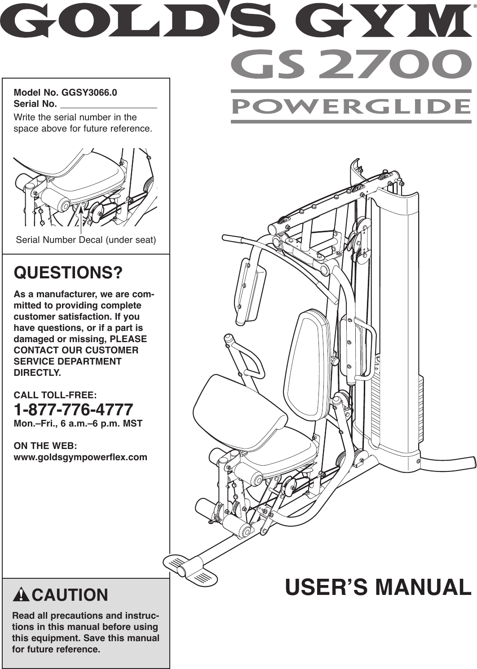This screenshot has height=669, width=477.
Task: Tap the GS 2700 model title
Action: (351, 65)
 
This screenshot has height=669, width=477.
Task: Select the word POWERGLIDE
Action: (351, 106)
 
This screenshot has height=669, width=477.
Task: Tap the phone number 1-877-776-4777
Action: (74, 409)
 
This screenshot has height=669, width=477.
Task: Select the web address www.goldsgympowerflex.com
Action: (81, 457)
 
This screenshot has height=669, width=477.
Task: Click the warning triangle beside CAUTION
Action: (21, 595)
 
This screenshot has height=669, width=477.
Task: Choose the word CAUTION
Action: (70, 595)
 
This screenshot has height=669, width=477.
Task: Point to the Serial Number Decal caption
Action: (86, 240)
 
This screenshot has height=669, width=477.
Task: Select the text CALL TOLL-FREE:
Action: (55, 395)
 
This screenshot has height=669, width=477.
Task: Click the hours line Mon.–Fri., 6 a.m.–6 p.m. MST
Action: (78, 423)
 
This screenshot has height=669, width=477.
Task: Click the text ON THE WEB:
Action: (45, 446)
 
